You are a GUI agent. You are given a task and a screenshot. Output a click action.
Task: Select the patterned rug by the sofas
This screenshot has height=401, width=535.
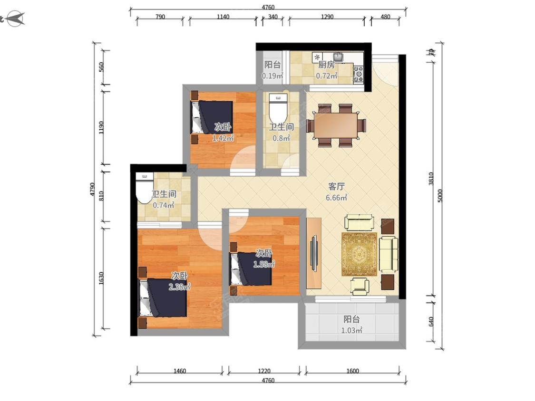click(360, 254)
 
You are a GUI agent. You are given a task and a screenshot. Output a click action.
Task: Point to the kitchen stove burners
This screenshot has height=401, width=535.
click(358, 74)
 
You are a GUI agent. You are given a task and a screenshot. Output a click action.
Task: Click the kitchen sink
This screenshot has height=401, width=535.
click(338, 56)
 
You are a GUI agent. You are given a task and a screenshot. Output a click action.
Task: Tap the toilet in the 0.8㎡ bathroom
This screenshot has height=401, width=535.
click(278, 105)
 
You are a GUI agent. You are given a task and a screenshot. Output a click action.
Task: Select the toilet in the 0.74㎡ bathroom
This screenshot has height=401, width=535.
click(145, 188)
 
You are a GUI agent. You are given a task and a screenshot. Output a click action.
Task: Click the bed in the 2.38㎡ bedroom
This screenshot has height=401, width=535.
click(163, 298)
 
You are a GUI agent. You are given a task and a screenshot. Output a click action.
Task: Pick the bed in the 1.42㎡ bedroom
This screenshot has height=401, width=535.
click(212, 117)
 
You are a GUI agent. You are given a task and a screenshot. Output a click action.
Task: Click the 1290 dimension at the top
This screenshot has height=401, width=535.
click(327, 17)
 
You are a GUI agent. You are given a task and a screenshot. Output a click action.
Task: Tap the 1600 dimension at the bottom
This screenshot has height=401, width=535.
click(352, 371)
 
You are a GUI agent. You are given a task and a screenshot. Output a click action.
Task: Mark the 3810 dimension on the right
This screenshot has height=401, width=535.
click(431, 179)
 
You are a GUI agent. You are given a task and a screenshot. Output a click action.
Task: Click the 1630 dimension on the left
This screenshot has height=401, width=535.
click(101, 278)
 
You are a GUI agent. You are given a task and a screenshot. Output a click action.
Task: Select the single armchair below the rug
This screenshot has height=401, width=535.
click(360, 286)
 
